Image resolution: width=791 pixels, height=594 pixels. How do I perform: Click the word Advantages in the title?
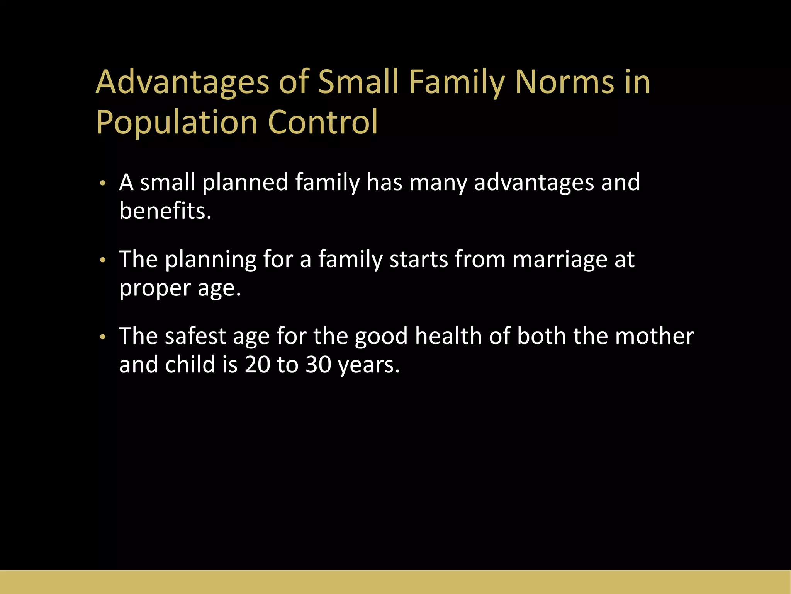[182, 82]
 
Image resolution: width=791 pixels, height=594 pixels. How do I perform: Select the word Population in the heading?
[177, 123]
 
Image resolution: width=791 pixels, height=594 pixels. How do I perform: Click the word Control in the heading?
[323, 123]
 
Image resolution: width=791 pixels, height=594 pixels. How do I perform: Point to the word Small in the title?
[358, 82]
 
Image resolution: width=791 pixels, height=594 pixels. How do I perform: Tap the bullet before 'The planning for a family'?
[102, 260]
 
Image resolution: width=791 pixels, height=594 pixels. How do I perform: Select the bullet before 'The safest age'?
[102, 337]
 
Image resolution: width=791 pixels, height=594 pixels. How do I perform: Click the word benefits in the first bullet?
[165, 211]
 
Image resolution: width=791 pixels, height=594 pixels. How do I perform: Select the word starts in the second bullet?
[419, 259]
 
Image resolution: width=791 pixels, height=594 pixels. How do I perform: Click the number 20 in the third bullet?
[257, 365]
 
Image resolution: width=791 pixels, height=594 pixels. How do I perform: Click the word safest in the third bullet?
[195, 336]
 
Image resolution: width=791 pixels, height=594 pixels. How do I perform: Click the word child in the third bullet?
[190, 365]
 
